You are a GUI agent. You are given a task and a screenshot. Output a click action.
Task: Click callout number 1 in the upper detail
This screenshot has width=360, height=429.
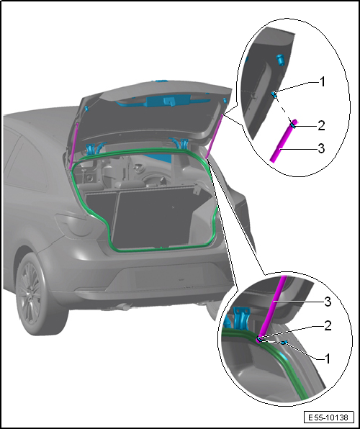(x=323, y=82)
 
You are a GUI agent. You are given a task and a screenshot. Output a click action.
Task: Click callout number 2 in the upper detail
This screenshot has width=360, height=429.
(x=321, y=125)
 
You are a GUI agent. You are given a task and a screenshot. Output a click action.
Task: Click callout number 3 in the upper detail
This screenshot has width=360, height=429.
(x=321, y=148)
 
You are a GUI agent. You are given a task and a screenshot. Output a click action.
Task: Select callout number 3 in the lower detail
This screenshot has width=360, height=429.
(x=328, y=301)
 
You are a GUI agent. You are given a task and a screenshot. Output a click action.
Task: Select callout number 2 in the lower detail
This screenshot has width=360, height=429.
(x=328, y=325)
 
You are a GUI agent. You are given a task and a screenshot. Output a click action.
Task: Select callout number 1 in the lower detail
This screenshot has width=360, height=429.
(x=328, y=358)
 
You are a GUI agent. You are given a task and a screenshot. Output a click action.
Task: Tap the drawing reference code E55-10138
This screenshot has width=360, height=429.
(x=328, y=417)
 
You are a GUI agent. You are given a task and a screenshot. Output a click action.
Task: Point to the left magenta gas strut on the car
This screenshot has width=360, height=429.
(x=74, y=146)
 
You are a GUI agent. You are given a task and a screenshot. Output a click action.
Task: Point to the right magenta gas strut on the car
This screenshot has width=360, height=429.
(x=214, y=136)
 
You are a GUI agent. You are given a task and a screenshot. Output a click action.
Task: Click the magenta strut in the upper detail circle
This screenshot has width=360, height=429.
(x=284, y=141)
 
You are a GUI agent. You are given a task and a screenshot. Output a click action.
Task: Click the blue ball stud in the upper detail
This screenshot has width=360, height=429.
(x=274, y=95)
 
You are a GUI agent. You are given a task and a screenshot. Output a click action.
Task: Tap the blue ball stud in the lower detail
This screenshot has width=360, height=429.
(x=284, y=343)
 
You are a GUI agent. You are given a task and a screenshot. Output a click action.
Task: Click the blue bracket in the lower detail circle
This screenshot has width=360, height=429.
(x=241, y=317)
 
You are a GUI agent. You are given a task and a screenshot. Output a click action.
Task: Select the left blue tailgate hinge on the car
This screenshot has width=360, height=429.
(x=90, y=149)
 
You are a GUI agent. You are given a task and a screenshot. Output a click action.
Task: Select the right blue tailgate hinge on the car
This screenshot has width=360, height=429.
(x=184, y=145)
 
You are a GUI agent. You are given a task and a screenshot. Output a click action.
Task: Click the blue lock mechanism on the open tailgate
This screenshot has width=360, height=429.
(x=168, y=101)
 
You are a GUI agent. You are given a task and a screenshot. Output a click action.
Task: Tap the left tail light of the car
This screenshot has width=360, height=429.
(x=72, y=224)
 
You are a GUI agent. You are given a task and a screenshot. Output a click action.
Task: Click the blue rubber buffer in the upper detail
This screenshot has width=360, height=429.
(x=281, y=60)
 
